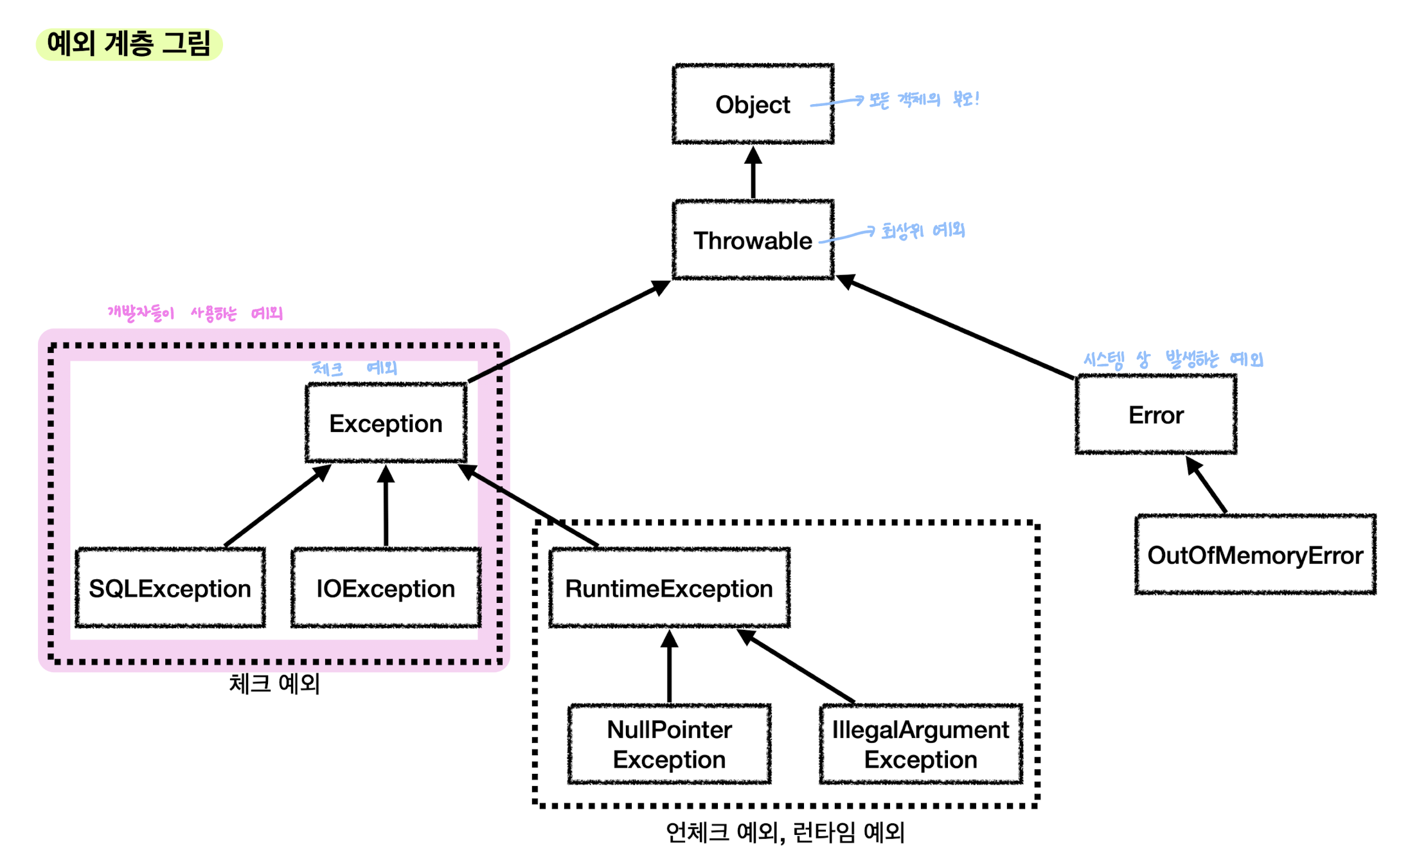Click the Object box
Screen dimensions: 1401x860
click(753, 104)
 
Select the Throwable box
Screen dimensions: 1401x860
click(753, 240)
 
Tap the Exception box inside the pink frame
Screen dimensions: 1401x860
click(386, 423)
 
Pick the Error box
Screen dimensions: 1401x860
click(1156, 415)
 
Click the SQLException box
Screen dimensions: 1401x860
click(170, 587)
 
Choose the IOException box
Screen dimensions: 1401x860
click(386, 587)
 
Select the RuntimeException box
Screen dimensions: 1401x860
click(669, 587)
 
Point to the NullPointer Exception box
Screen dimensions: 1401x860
click(669, 744)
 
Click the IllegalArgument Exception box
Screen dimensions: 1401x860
click(920, 744)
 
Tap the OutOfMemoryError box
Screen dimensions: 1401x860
click(1255, 554)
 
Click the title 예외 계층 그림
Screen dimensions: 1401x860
click(129, 44)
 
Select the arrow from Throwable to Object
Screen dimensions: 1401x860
click(753, 172)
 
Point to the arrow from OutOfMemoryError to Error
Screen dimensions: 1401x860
click(1206, 485)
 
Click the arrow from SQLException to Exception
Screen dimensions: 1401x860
click(278, 506)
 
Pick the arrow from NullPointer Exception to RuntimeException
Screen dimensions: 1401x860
click(669, 667)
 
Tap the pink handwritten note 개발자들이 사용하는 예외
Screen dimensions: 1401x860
click(195, 313)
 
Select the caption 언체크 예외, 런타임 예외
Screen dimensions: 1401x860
click(785, 832)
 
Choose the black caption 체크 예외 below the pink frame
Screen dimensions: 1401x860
click(274, 683)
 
